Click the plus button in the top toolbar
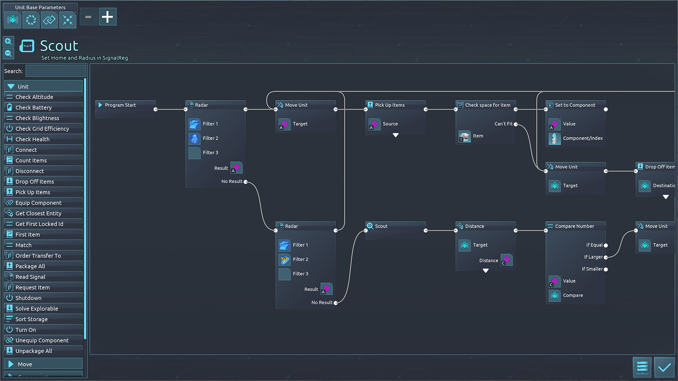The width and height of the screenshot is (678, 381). click(x=107, y=17)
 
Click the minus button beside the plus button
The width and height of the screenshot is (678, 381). click(x=88, y=17)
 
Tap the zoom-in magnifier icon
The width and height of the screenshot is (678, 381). click(x=8, y=42)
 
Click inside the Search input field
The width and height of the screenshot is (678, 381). click(x=56, y=71)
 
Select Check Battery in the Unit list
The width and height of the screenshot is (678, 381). click(x=34, y=108)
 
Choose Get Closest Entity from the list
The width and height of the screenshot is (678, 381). click(x=38, y=213)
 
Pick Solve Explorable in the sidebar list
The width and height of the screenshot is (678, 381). click(x=36, y=309)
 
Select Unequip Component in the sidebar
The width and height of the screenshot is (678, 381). click(x=42, y=340)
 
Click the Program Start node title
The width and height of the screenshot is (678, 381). click(x=120, y=105)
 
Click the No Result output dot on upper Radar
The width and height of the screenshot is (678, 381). click(x=245, y=182)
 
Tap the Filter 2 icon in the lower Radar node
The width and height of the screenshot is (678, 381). click(x=285, y=260)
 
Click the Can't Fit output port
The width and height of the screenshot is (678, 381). click(x=516, y=124)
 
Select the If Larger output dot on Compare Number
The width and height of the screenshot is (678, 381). click(x=606, y=258)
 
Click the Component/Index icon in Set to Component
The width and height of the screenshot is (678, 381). click(x=554, y=139)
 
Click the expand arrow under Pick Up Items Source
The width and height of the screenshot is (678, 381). click(x=395, y=135)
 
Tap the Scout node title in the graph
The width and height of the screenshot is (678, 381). click(x=381, y=226)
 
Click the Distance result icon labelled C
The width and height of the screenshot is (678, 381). click(x=506, y=260)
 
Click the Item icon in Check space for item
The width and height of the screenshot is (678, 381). click(x=464, y=136)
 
